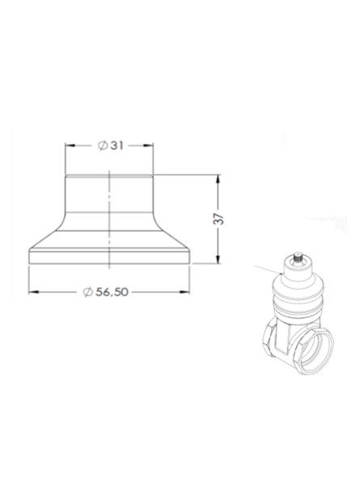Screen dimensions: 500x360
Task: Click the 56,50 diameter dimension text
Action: click(x=112, y=291)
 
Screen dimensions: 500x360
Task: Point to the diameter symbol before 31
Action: click(x=102, y=146)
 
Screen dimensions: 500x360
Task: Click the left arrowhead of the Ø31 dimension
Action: click(x=70, y=146)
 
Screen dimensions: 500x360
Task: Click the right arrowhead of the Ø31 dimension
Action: click(x=150, y=146)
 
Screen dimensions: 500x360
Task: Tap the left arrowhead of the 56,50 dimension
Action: click(x=33, y=291)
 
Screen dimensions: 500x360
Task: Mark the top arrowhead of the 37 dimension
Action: click(x=220, y=180)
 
